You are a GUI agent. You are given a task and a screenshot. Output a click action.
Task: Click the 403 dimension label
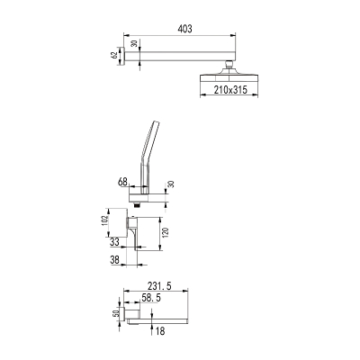pos(184,29)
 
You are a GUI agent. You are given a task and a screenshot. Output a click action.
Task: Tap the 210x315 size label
pos(230,89)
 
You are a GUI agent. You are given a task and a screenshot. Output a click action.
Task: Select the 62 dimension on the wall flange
pos(114,56)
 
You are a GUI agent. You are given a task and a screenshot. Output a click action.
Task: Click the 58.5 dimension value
pos(151,298)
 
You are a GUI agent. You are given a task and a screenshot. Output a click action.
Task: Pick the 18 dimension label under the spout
pos(160,331)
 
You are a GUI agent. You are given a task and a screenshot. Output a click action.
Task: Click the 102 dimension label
pos(105,221)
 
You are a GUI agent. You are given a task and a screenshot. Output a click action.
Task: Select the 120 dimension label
pos(166,233)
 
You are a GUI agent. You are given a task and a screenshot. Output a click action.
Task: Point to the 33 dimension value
pos(114,242)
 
